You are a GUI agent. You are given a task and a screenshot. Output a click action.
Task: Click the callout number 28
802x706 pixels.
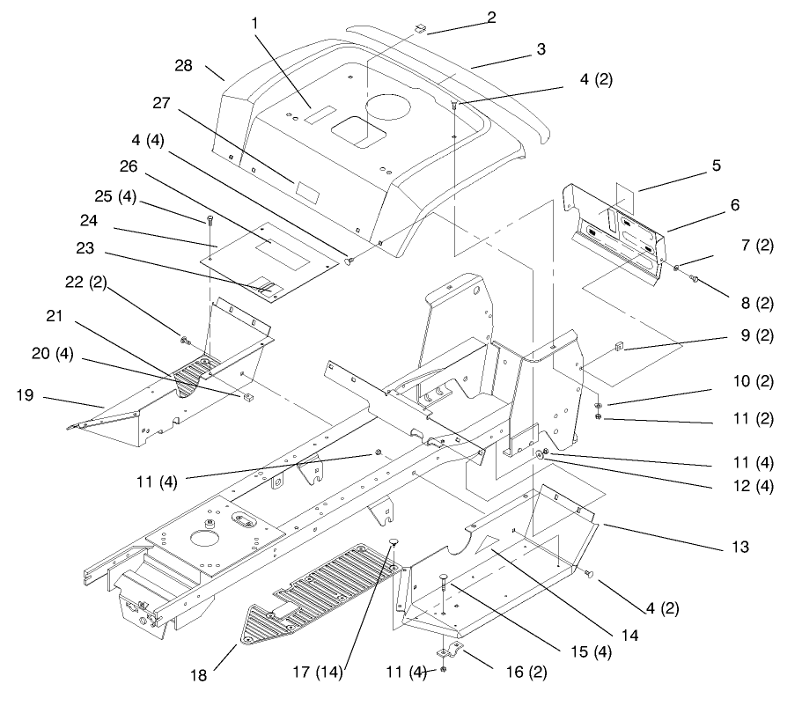183,66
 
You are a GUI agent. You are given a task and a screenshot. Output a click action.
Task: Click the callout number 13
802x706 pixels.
740,547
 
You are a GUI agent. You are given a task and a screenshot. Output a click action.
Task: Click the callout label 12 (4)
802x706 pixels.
754,486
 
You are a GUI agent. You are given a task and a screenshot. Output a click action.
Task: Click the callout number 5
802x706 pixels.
717,165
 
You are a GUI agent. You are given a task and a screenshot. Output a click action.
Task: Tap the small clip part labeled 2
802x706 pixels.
420,27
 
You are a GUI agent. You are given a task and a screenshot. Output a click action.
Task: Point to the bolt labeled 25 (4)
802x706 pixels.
210,219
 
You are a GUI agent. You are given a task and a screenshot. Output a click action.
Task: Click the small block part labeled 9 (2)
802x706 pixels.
618,347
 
